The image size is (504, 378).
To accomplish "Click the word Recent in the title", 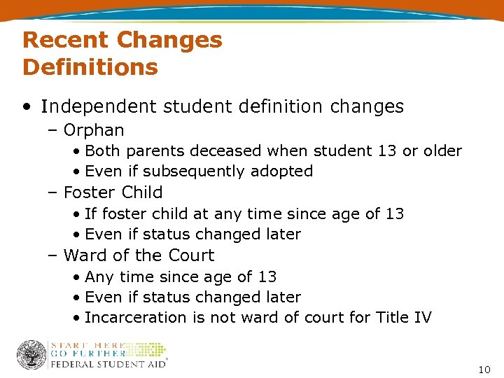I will coord(64,40).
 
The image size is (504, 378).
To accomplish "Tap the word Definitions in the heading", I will coord(90,67).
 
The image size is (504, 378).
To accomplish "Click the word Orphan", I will coord(94,130).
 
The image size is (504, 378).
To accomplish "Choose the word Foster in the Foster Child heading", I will coord(89,192).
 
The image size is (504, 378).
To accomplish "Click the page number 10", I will coord(484,369).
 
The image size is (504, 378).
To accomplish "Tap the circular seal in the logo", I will coord(31,355).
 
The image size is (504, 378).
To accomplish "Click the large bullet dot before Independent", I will coord(26,107).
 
